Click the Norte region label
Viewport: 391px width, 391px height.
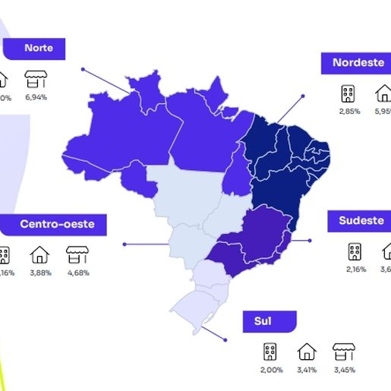[x=38, y=48]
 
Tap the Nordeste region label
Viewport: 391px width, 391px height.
[x=358, y=63]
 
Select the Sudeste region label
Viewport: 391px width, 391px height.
[x=361, y=221]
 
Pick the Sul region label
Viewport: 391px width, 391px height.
[x=264, y=321]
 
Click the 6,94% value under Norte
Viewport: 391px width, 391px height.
[x=36, y=98]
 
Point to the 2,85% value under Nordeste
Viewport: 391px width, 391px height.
[x=348, y=112]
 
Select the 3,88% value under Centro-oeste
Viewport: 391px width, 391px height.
[x=39, y=273]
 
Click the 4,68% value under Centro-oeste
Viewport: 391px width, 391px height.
[x=77, y=273]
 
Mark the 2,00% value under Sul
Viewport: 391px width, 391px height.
[x=270, y=370]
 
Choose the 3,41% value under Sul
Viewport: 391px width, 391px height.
[x=307, y=370]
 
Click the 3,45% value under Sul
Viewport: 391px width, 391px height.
[x=344, y=370]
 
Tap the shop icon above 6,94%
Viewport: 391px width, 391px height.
[x=36, y=79]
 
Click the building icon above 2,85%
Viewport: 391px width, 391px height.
[x=348, y=93]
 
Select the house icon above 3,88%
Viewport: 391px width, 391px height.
[x=39, y=254]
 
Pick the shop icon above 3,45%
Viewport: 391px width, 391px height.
[x=344, y=352]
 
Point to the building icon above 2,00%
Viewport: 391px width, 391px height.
[x=270, y=352]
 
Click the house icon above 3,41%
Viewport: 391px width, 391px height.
[x=307, y=352]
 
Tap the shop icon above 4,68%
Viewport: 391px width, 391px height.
[x=77, y=254]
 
